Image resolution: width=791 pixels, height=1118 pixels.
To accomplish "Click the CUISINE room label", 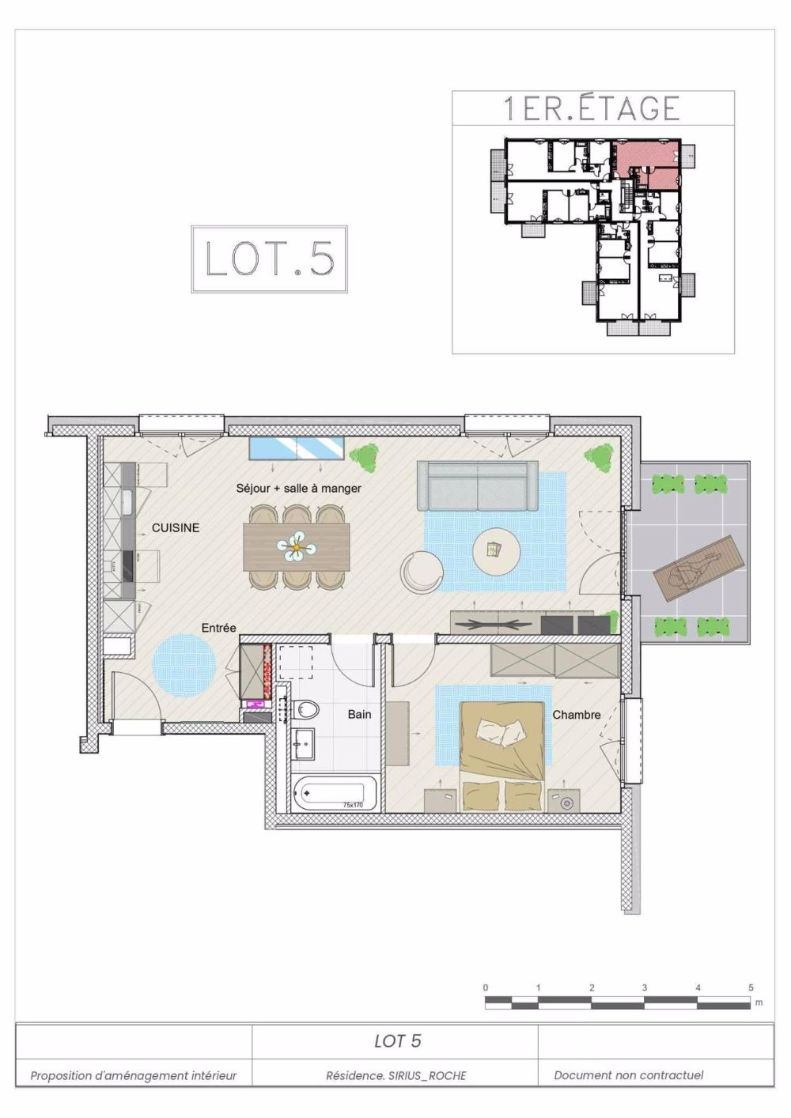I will click(176, 528).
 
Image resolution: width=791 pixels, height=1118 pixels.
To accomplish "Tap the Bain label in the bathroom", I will click(359, 715).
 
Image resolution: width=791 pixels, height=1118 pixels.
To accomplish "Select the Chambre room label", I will click(576, 715).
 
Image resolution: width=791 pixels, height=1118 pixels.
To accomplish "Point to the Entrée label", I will click(218, 628).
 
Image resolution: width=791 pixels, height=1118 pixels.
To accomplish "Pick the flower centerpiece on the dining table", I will click(296, 546).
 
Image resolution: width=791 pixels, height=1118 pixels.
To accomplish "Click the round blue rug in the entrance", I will click(184, 666).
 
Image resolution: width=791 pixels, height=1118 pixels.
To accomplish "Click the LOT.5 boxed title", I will click(269, 259).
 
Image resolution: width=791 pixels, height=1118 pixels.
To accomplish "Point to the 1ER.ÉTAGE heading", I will click(592, 108).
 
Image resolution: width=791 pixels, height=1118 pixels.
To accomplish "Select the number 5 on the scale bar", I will click(751, 988).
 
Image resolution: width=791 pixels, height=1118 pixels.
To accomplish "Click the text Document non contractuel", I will click(628, 1075).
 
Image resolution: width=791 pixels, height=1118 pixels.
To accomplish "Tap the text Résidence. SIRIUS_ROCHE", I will click(395, 1075).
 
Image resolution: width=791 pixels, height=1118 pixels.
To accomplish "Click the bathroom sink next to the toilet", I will click(304, 743).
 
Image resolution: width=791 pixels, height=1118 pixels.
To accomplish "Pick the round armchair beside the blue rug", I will click(422, 572).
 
